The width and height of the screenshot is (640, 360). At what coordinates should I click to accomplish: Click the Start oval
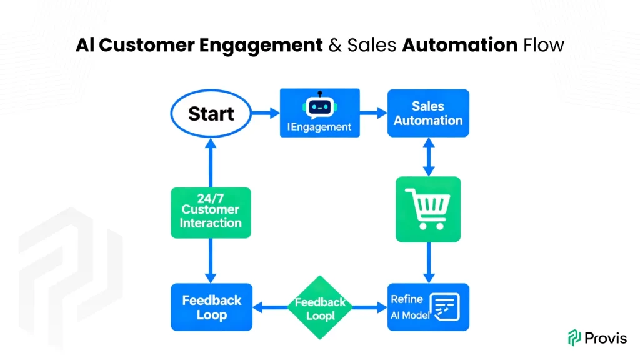point(211,114)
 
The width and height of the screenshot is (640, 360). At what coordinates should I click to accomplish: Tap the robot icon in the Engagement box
point(319,106)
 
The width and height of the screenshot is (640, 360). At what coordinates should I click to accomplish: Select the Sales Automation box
point(428,113)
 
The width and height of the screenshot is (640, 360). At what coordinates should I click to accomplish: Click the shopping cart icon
point(428,209)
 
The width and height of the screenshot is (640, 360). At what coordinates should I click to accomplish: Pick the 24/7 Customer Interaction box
point(211,212)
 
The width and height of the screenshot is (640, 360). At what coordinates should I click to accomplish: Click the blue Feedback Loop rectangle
point(211,307)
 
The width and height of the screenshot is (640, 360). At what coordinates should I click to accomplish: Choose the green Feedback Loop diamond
point(320,307)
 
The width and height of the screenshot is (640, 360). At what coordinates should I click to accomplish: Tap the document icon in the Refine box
point(444,307)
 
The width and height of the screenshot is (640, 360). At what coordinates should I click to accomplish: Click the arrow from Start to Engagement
point(265,114)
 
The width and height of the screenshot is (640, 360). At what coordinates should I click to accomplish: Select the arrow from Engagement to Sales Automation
point(374,114)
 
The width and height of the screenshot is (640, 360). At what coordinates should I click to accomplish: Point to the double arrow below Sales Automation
point(428,157)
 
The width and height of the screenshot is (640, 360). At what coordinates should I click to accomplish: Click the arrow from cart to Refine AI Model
point(428,263)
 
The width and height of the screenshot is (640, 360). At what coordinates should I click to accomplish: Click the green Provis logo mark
point(574,338)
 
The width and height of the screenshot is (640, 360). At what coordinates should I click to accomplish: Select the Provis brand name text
point(606,338)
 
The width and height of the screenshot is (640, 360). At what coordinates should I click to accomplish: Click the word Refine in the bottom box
point(407,299)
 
